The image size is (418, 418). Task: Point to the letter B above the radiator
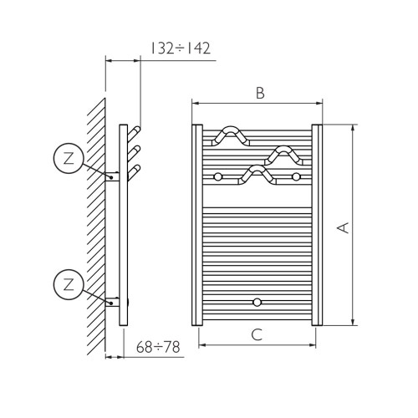tap(259, 94)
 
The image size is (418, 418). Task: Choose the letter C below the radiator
tap(257, 334)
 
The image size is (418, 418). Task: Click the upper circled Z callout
tap(67, 158)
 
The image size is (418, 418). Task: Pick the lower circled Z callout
tap(67, 284)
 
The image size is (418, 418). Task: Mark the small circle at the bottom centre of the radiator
tap(257, 301)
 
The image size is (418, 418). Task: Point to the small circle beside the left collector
tap(218, 176)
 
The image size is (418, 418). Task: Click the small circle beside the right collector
tap(297, 176)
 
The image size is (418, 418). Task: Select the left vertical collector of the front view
tap(197, 226)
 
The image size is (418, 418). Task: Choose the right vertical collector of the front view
tap(317, 226)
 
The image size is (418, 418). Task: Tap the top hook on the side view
tap(134, 131)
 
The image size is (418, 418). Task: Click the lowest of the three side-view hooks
tap(134, 171)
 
